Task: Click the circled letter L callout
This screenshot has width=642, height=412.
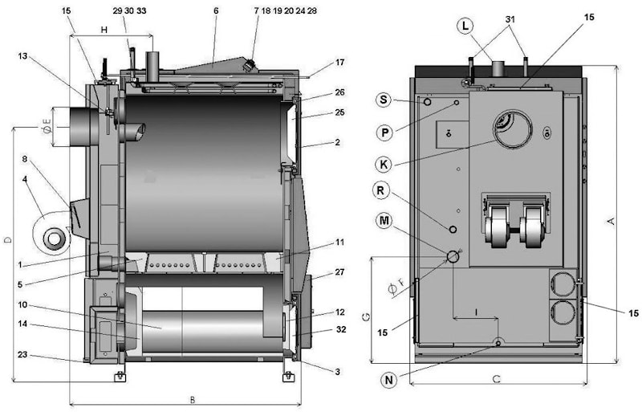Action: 465,27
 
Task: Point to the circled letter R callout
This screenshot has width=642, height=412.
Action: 384,190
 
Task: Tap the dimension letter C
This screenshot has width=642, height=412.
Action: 497,377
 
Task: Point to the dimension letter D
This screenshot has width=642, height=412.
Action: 7,239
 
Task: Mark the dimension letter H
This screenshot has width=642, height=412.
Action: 104,30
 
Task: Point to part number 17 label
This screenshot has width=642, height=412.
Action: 340,62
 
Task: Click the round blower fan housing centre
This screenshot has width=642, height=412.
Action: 55,238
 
